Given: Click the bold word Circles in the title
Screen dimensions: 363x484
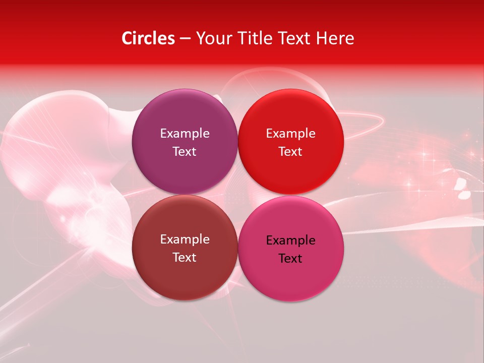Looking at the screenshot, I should point(148,38).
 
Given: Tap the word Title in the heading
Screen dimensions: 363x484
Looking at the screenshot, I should point(250,38).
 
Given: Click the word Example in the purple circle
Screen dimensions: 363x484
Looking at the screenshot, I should point(185,134).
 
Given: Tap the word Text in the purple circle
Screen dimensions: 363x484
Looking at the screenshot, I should point(185,152).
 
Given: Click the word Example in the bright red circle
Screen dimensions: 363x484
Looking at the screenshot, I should point(290,134).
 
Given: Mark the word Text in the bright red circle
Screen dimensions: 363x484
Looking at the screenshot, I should point(290,152).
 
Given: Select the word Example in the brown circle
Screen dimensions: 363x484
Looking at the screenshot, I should point(185,239).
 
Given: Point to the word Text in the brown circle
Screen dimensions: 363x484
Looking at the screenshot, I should point(185,258).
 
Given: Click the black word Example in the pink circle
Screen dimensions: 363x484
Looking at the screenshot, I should point(290,240).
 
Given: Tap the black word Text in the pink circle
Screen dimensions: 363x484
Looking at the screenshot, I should point(290,259).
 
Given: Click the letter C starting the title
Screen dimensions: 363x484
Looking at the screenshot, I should point(127,38).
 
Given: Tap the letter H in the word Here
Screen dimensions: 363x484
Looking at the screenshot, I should point(321,38).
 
